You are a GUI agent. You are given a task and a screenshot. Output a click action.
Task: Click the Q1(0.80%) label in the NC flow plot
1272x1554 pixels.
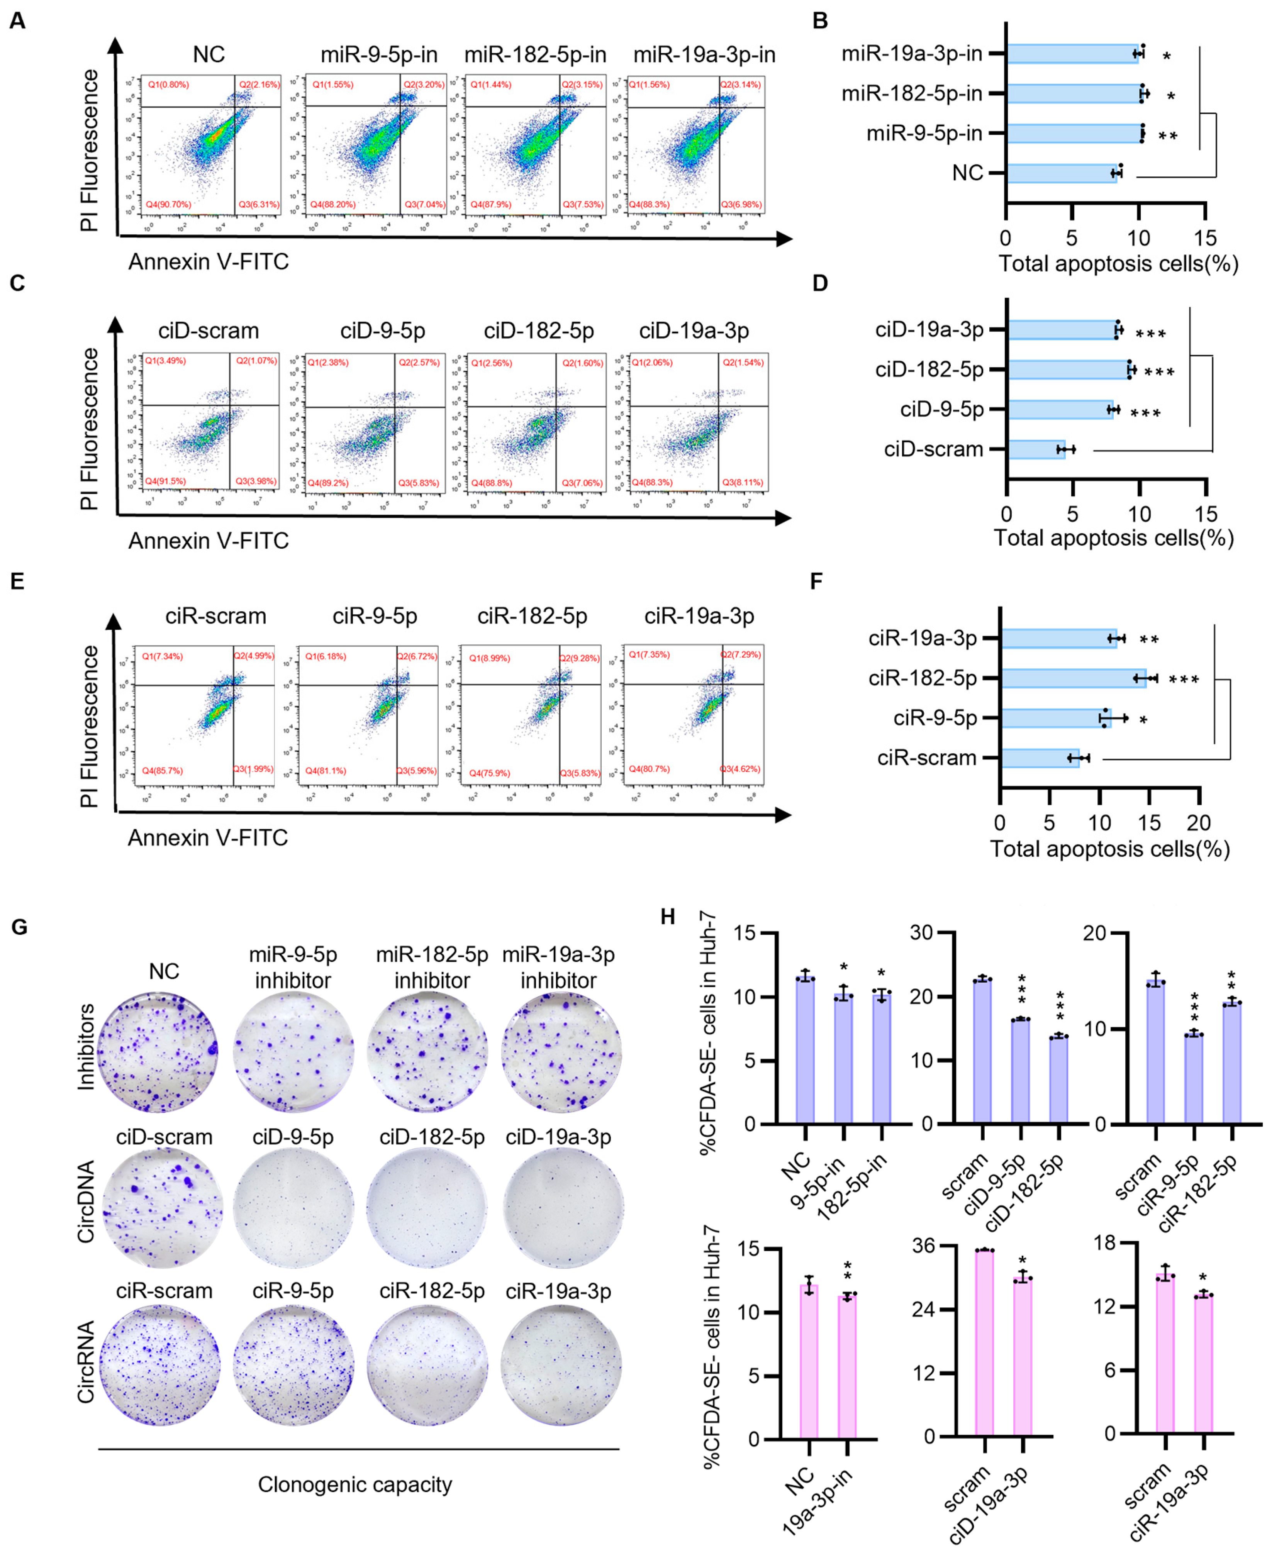168,85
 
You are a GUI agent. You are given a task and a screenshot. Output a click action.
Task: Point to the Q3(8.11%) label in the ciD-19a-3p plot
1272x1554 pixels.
742,483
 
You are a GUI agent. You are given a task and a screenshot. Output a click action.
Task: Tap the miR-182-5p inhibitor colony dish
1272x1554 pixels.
427,1053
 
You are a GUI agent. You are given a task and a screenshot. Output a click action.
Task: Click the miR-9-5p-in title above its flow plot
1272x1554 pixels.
379,55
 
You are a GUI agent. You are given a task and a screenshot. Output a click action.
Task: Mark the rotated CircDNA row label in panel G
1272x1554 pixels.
86,1202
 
